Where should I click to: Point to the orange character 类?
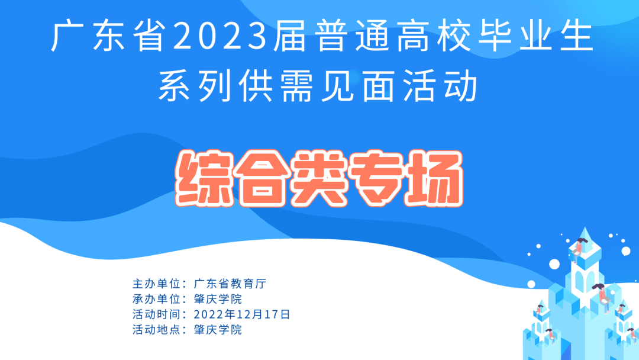318,178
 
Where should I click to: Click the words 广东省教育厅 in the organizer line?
230,284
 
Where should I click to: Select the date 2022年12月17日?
242,314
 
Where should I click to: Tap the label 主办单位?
156,284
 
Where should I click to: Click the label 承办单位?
156,299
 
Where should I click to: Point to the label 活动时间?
156,314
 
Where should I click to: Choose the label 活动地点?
156,329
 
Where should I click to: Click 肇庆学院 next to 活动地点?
218,329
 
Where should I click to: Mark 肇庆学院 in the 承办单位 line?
218,299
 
